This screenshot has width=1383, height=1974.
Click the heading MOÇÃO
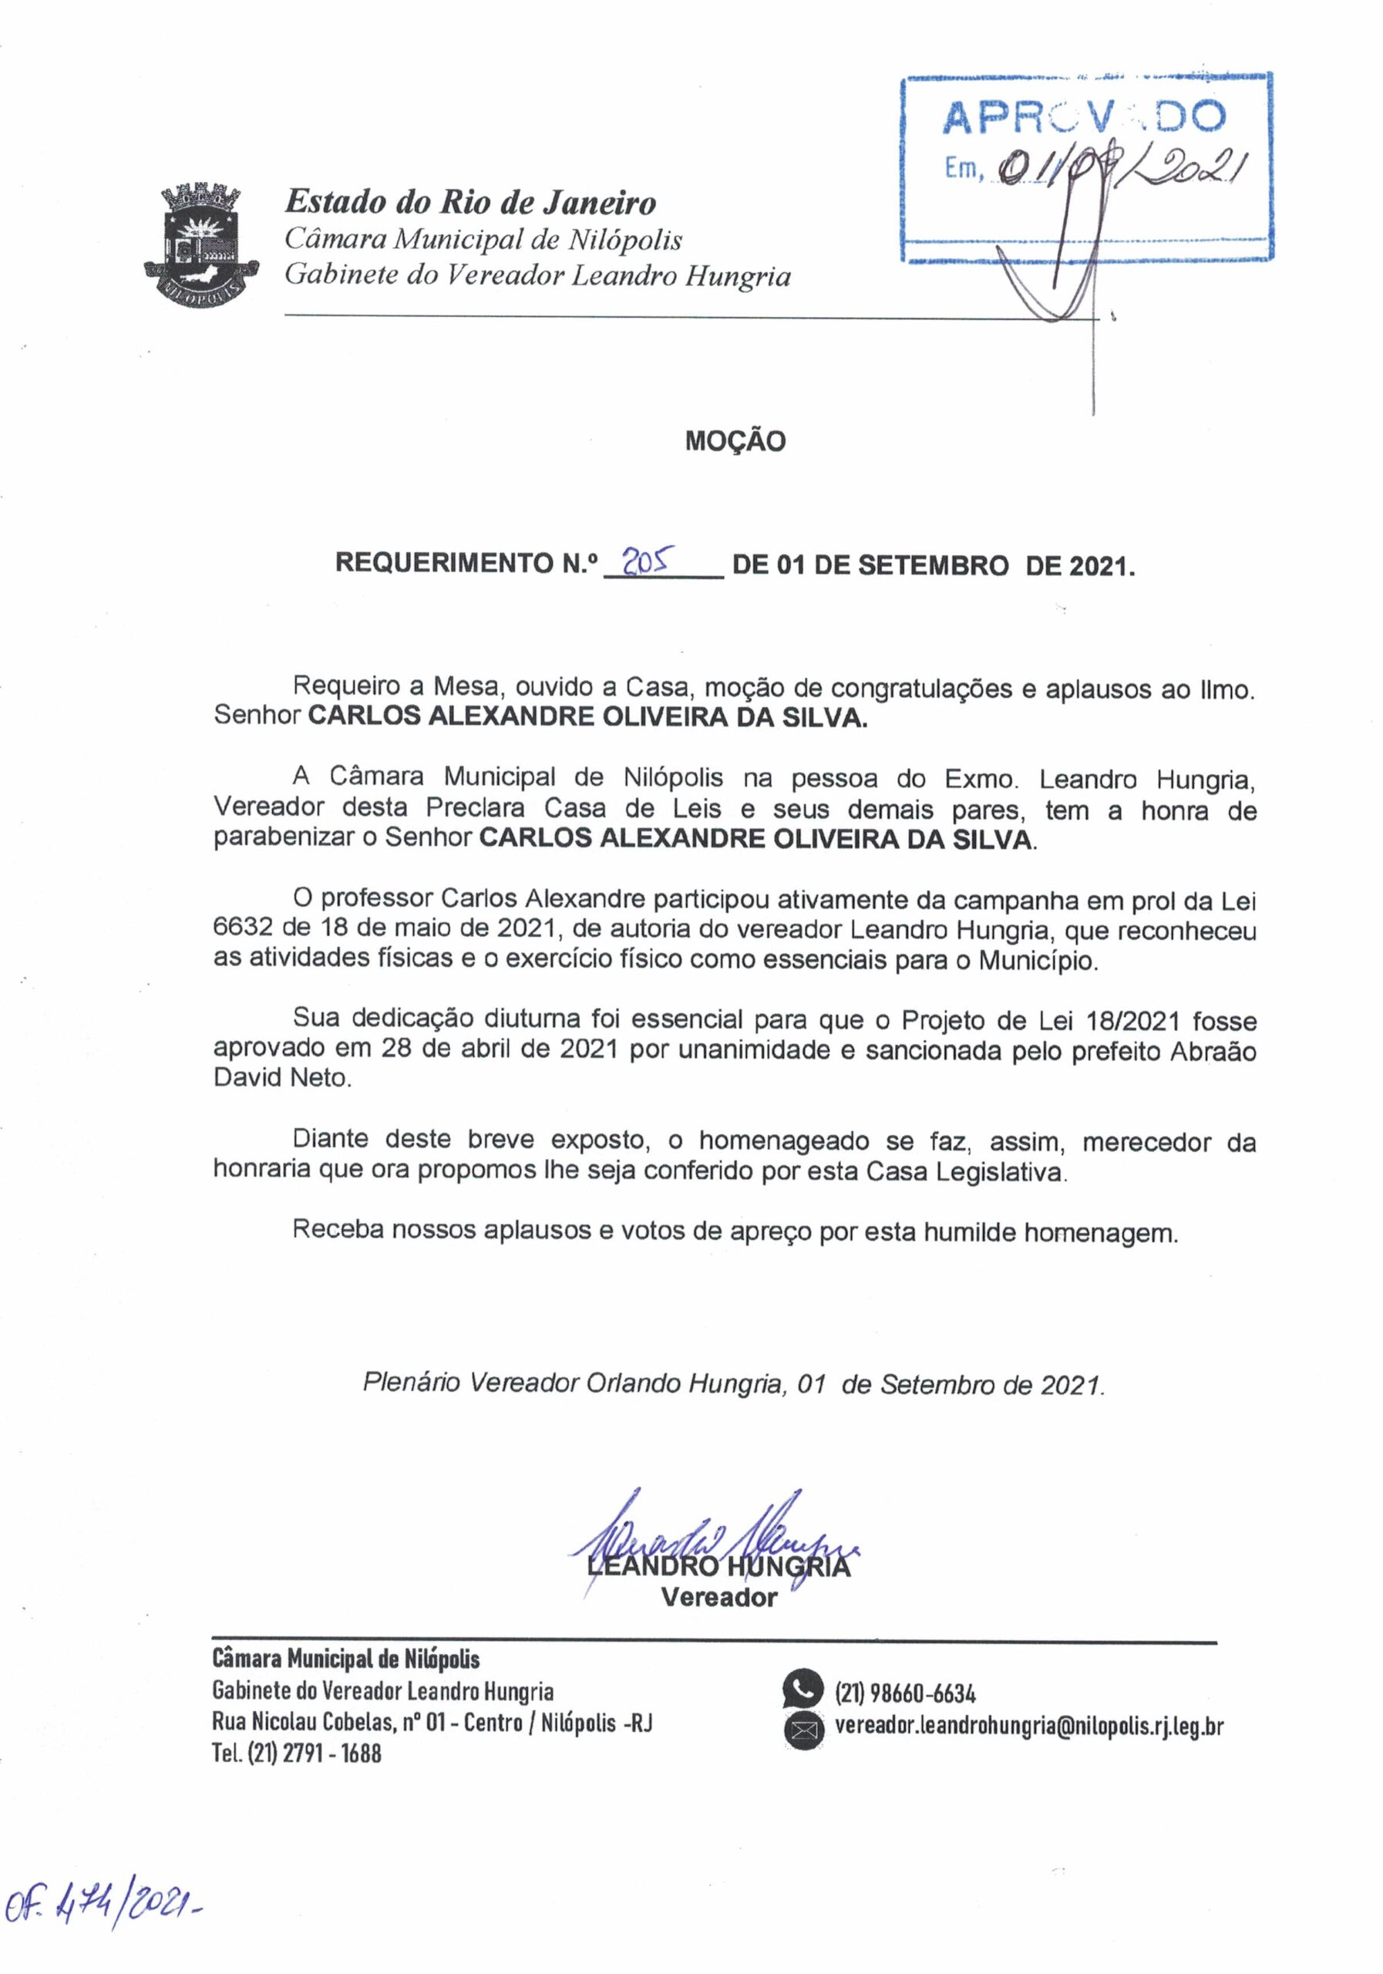pos(735,442)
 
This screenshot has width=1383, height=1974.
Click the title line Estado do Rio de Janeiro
pos(470,203)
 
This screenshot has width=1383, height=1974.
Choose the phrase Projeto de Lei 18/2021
pos(1040,1020)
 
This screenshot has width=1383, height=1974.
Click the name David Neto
pos(282,1078)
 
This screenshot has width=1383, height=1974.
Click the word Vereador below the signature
pos(718,1598)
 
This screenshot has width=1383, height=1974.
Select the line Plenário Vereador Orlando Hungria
pos(571,1383)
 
